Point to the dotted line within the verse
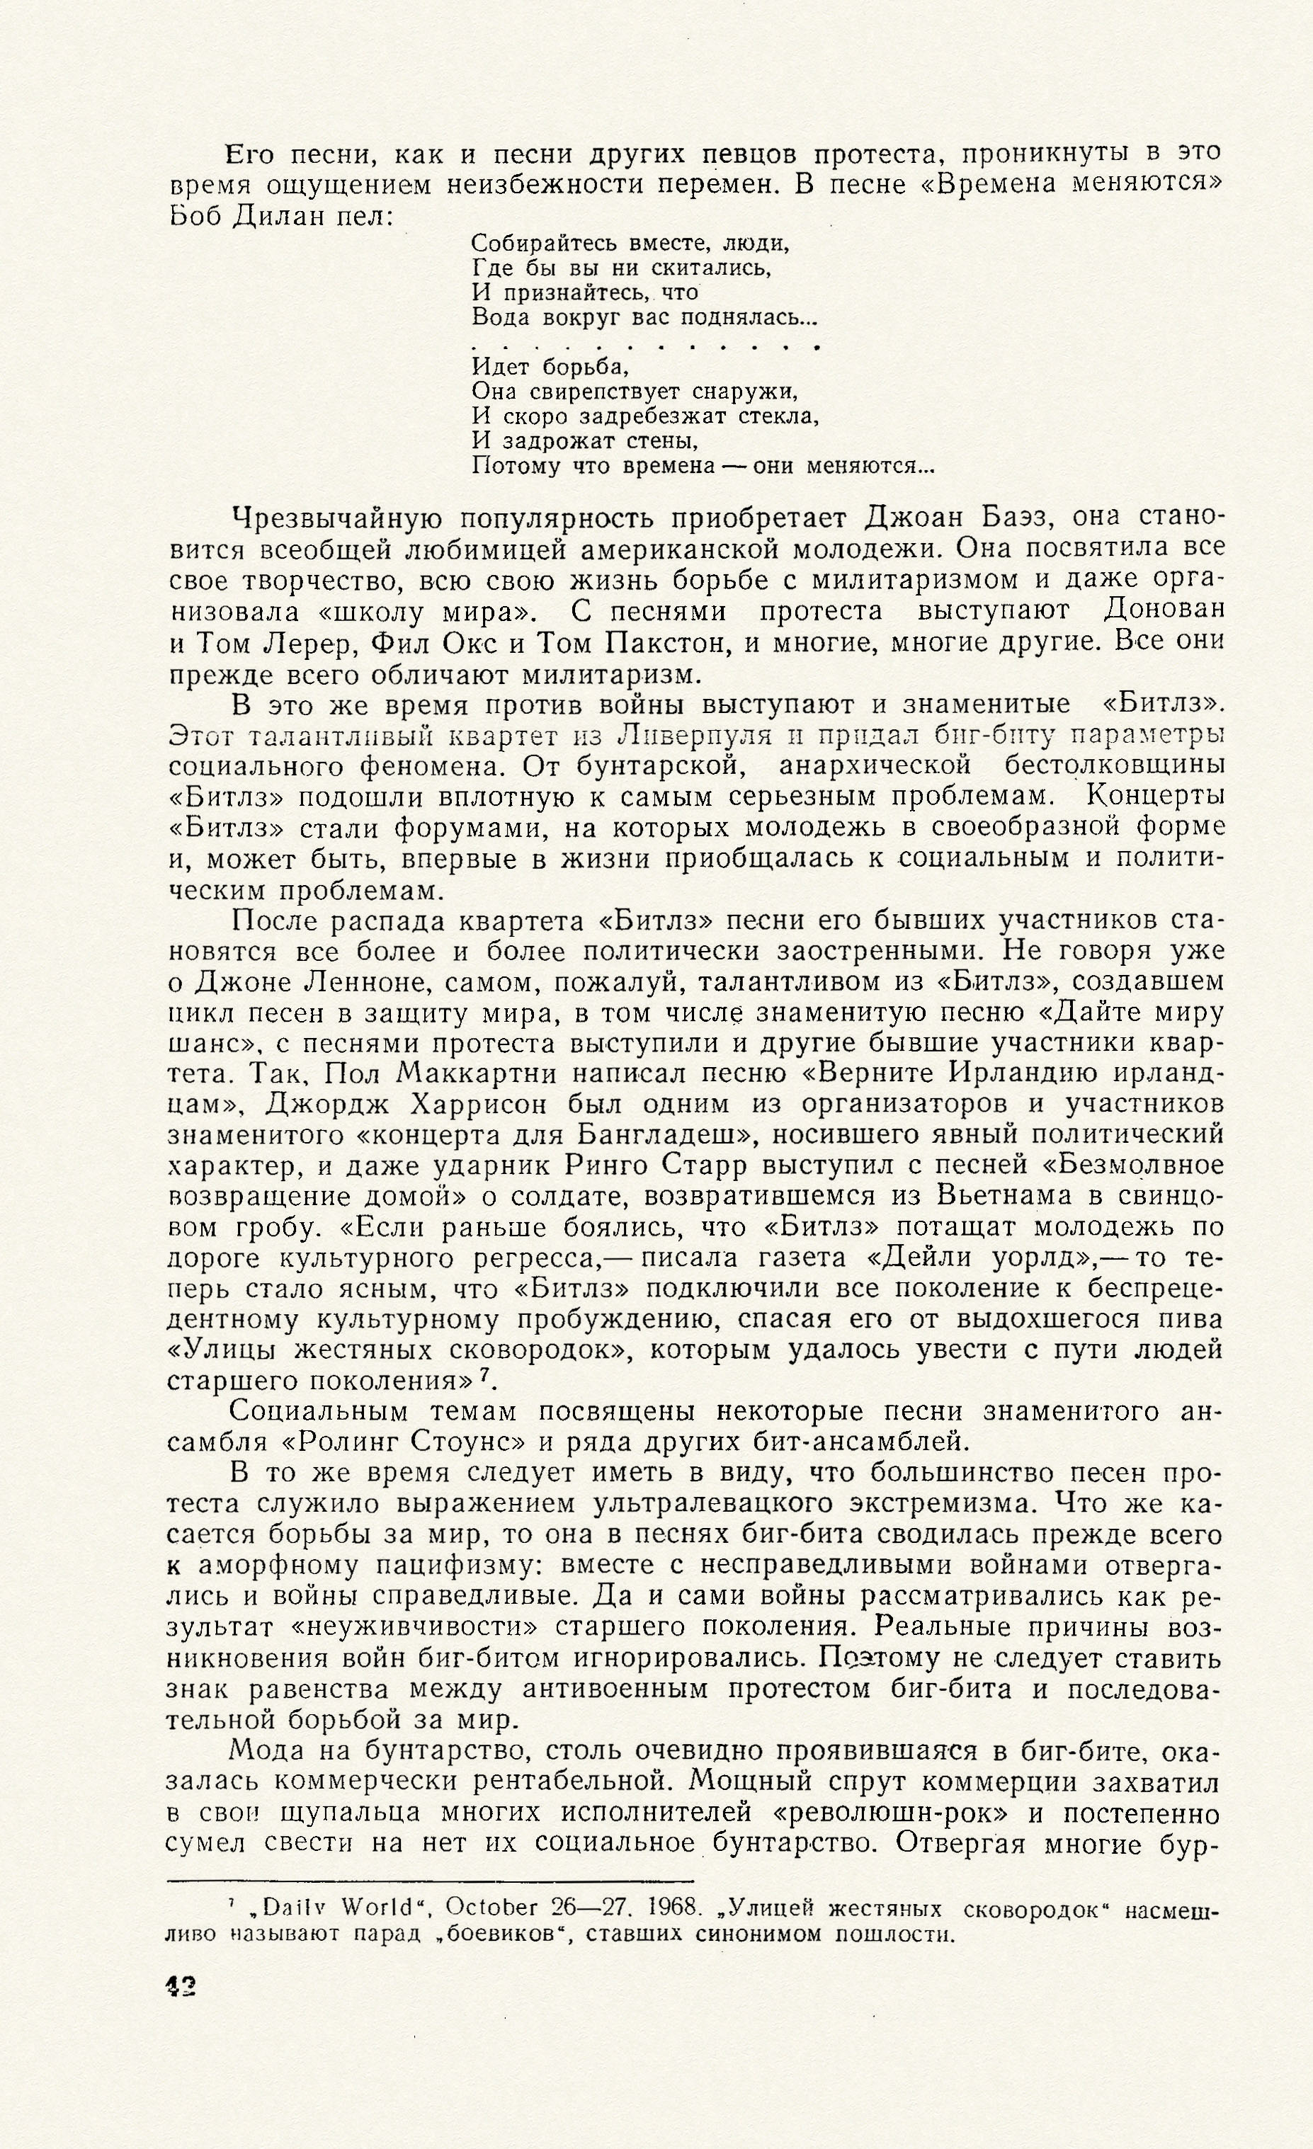[646, 346]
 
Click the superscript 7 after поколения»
[485, 1378]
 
